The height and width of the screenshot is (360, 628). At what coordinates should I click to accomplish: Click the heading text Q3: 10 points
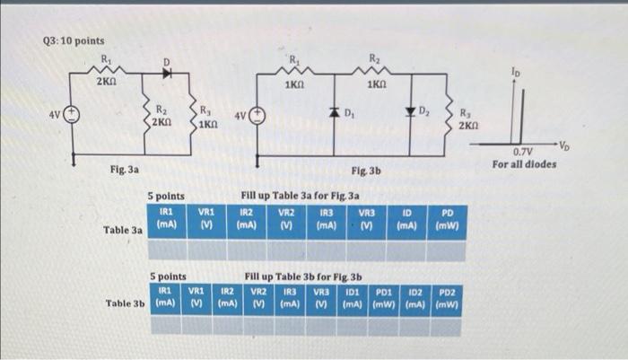pyautogui.click(x=74, y=40)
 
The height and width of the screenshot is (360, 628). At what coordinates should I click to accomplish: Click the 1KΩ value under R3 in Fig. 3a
pyautogui.click(x=207, y=123)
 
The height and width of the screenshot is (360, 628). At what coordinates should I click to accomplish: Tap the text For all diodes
pyautogui.click(x=525, y=163)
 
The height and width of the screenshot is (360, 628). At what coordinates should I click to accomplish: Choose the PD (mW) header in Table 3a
pyautogui.click(x=446, y=219)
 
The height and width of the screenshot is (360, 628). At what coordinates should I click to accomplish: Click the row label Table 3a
pyautogui.click(x=124, y=230)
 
